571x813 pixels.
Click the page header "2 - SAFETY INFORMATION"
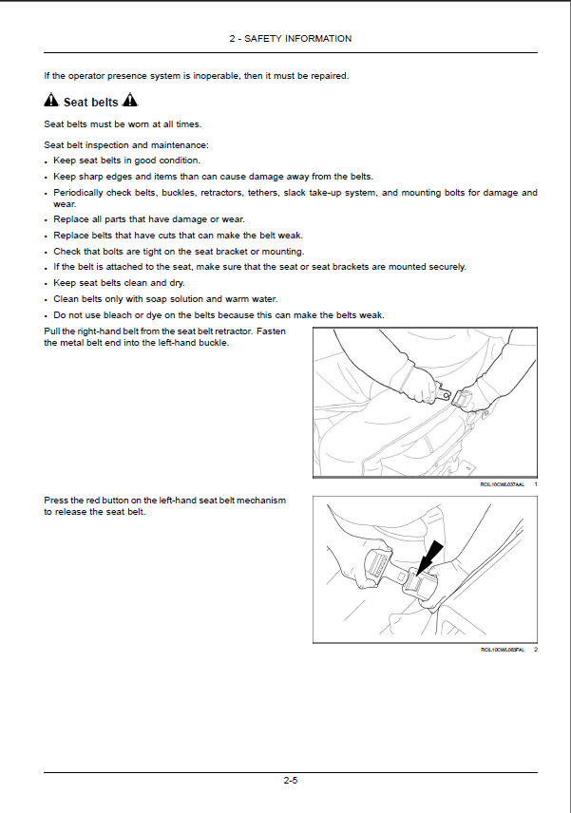pos(290,39)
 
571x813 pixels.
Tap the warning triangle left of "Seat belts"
pos(51,102)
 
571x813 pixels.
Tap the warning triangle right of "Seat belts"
pos(130,102)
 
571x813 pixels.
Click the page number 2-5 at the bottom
pos(290,781)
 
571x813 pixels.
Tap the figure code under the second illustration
pos(503,650)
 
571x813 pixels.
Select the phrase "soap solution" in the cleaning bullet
pos(160,299)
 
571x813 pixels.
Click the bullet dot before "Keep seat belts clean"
pos(47,284)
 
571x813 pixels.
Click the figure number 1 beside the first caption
pos(536,484)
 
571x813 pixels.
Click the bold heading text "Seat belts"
pos(90,103)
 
